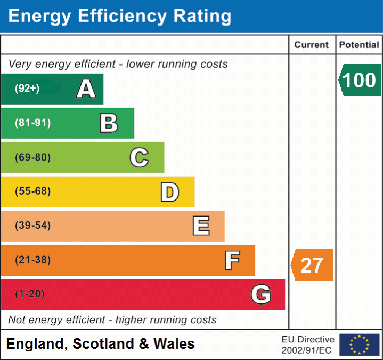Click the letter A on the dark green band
tap(86, 89)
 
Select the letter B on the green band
tap(109, 123)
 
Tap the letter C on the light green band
tap(139, 157)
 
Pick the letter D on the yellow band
tap(169, 192)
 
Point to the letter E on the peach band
tap(201, 226)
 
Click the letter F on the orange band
tap(232, 260)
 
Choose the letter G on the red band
tap(261, 294)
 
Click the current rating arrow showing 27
tap(312, 265)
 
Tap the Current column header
tap(312, 45)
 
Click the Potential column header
tap(359, 45)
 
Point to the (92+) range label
tap(27, 89)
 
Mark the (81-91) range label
tap(32, 123)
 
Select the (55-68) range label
tap(32, 191)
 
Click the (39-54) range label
tap(32, 226)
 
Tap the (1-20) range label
tap(30, 294)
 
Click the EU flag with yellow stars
tap(359, 345)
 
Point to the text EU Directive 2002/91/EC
tap(308, 345)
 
